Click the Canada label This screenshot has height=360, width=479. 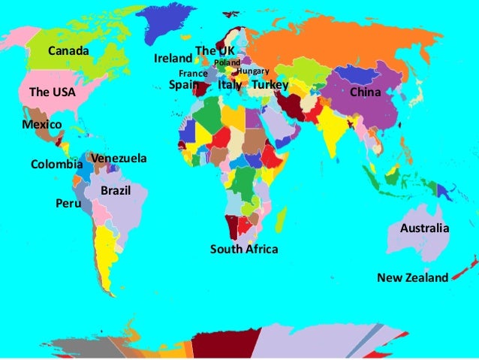click(x=68, y=51)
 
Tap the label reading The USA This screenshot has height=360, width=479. click(x=52, y=92)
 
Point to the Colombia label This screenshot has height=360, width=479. click(x=56, y=164)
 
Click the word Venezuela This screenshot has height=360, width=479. click(x=119, y=159)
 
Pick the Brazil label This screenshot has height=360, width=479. click(x=116, y=192)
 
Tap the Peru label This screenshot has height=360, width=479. click(x=68, y=203)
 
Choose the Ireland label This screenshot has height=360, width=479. click(x=173, y=58)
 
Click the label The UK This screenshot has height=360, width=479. click(x=209, y=50)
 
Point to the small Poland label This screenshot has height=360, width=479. click(x=227, y=62)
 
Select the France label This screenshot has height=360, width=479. click(x=193, y=74)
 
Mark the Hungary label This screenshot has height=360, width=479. click(x=252, y=71)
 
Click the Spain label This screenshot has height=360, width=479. click(x=184, y=86)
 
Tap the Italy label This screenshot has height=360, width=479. click(x=230, y=86)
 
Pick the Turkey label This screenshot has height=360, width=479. click(x=270, y=86)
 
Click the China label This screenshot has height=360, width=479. click(x=366, y=92)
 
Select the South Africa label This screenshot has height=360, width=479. click(x=244, y=249)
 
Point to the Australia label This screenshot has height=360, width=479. click(x=425, y=228)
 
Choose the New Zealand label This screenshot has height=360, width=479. click(x=412, y=277)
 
